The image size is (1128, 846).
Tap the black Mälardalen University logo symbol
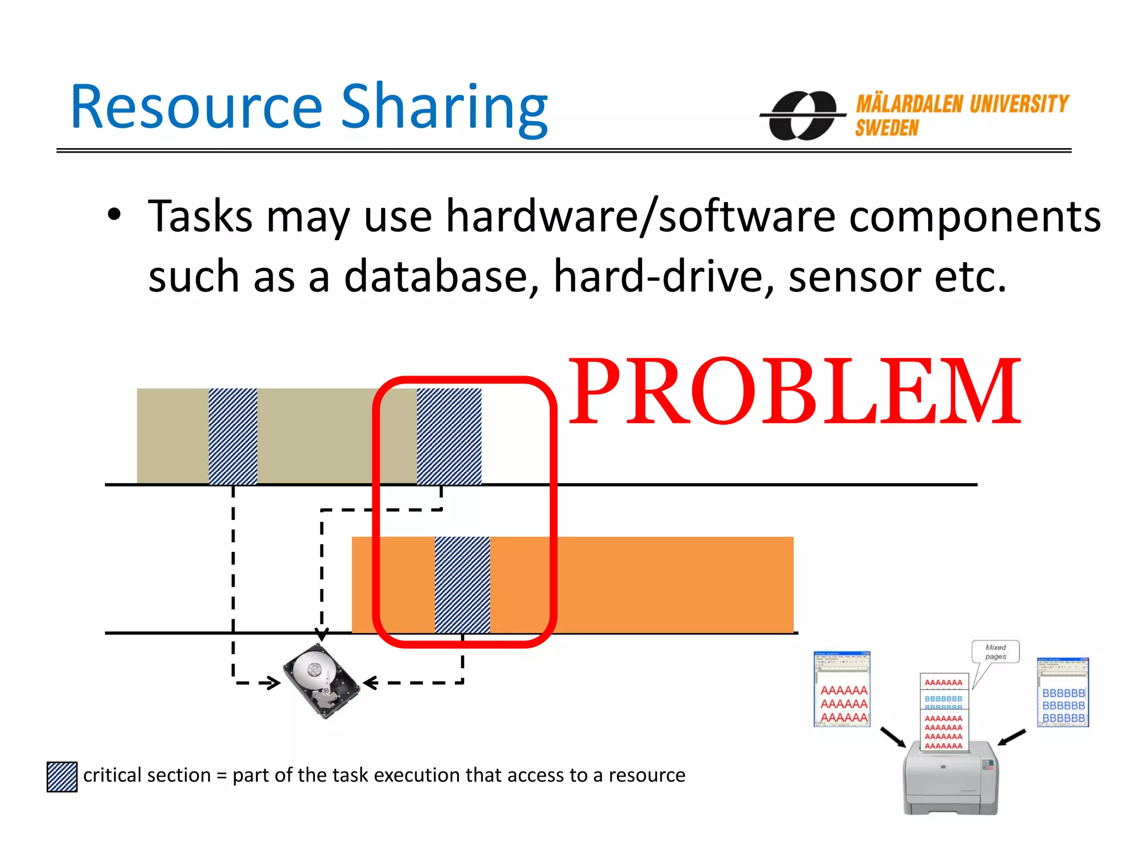(x=802, y=116)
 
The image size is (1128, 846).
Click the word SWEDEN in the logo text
(x=887, y=128)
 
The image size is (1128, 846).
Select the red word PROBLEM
(x=794, y=392)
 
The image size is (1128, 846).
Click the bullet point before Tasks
(x=114, y=215)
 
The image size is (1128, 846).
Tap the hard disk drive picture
(x=321, y=681)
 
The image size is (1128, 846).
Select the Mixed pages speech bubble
(x=995, y=652)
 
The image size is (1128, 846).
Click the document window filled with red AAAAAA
(x=842, y=690)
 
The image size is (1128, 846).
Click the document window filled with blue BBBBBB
(x=1062, y=692)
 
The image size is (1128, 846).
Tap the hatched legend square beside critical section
(x=62, y=777)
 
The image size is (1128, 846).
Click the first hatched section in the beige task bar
(x=233, y=436)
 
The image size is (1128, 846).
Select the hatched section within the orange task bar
(x=462, y=585)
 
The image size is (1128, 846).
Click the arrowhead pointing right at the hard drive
(x=272, y=683)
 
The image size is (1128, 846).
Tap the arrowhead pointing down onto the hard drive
(x=322, y=634)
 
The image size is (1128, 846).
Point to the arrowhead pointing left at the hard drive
(x=370, y=683)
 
